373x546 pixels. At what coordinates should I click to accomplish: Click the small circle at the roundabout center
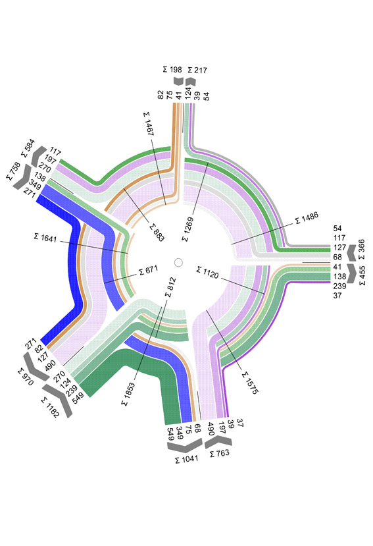tap(178, 263)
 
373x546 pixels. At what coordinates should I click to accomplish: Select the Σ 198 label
tap(172, 70)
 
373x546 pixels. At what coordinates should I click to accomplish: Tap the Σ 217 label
tap(197, 70)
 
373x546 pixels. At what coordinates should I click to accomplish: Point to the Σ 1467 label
tap(149, 124)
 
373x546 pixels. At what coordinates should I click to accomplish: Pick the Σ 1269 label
tap(187, 229)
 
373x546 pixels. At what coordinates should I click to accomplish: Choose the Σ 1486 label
tap(307, 218)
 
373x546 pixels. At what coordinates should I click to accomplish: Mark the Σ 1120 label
tap(208, 273)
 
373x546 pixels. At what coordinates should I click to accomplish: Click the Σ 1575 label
tap(250, 383)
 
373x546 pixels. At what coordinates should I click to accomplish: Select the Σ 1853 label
tap(128, 395)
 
